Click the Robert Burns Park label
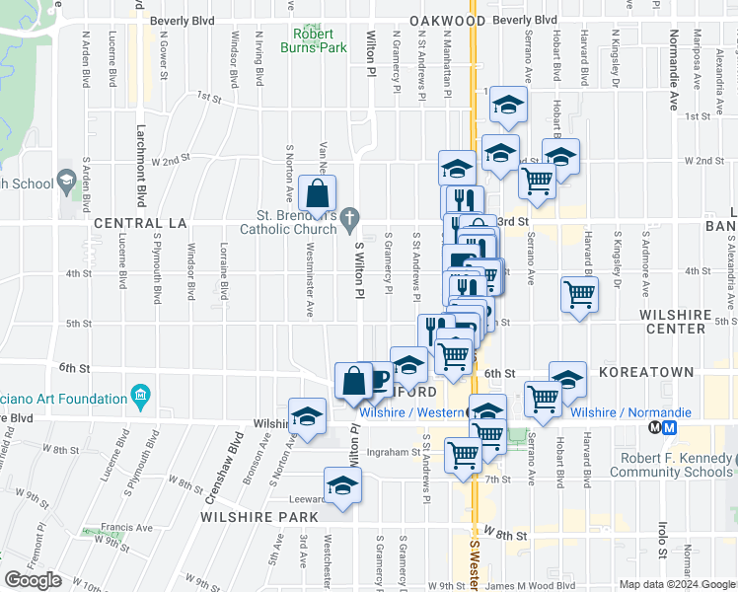click(319, 38)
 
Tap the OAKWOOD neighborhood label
click(449, 21)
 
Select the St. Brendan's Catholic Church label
click(297, 222)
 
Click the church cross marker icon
click(349, 216)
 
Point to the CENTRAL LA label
click(140, 224)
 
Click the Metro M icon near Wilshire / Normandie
click(662, 428)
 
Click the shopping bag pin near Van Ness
click(317, 193)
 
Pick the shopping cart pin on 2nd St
click(537, 180)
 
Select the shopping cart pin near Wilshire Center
click(579, 293)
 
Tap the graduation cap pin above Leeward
click(342, 485)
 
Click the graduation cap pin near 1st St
click(508, 105)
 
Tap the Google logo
click(34, 580)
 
